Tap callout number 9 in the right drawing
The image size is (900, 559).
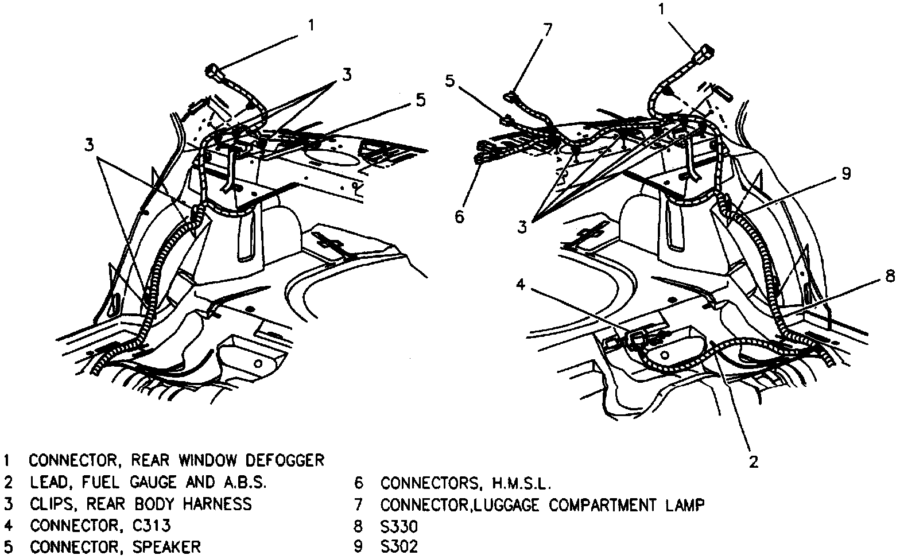(845, 174)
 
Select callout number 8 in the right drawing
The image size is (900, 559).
(889, 276)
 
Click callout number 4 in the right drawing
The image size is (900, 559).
(519, 285)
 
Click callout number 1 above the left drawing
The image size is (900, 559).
(311, 25)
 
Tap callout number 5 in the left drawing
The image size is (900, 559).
(421, 100)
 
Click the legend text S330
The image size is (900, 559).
(399, 526)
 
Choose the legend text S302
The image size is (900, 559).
(399, 546)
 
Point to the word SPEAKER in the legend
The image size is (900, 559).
(167, 546)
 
